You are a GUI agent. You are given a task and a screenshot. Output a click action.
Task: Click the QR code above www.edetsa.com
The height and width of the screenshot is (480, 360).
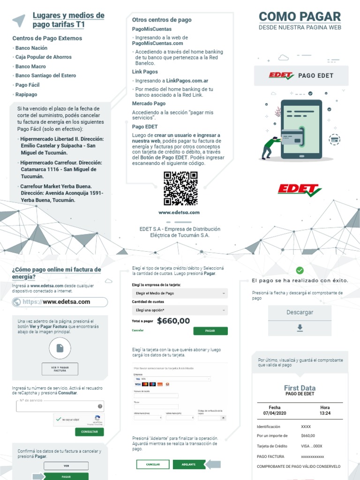180,188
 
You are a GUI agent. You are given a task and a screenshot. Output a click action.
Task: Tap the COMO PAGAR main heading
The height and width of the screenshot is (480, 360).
300,17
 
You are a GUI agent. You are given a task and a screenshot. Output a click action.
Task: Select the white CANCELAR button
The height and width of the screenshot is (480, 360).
153,465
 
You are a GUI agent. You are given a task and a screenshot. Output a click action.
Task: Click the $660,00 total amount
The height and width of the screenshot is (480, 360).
173,321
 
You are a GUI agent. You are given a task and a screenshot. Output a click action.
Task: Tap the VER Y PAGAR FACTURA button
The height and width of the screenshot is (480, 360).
60,369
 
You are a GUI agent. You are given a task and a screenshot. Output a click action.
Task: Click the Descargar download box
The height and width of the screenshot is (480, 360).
300,321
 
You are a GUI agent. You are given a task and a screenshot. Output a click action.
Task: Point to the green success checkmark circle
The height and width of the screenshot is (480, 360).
300,270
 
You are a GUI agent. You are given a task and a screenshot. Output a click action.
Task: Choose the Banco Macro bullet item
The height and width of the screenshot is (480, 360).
30,67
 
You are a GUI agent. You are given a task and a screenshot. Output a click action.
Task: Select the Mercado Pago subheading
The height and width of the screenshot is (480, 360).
149,103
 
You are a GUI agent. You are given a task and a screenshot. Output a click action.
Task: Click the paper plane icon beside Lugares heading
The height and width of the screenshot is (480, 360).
18,20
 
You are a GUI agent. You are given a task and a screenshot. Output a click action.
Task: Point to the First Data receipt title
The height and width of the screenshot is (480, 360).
300,388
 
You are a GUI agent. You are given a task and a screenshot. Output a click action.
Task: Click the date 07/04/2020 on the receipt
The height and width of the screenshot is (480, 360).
275,413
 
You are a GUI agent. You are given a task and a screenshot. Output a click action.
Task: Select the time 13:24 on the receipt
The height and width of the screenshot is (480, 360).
325,413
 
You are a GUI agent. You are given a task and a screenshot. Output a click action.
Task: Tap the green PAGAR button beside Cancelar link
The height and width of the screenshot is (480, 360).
210,331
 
